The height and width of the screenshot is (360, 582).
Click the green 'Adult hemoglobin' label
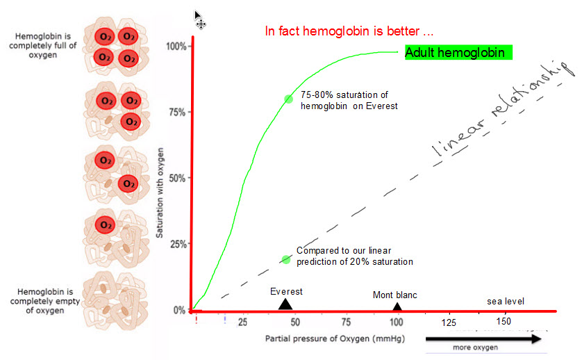tap(458, 53)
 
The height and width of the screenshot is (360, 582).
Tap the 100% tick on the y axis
tap(177, 47)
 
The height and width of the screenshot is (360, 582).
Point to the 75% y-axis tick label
tap(177, 113)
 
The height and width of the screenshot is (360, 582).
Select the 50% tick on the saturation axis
tap(177, 179)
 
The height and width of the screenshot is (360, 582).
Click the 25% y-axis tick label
tap(177, 245)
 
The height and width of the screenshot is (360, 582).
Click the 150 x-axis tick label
tap(504, 322)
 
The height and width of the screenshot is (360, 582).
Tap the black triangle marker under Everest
tap(285, 304)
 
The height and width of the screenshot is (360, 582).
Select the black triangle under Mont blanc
tap(397, 306)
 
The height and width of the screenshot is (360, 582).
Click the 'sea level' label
tap(505, 301)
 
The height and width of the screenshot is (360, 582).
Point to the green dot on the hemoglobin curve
tap(288, 99)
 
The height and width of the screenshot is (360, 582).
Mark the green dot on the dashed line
tap(285, 259)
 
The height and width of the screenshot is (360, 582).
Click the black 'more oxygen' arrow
tap(482, 338)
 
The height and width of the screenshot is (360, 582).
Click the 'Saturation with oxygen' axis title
tap(160, 193)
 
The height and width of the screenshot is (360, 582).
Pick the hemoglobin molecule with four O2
tap(115, 46)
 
